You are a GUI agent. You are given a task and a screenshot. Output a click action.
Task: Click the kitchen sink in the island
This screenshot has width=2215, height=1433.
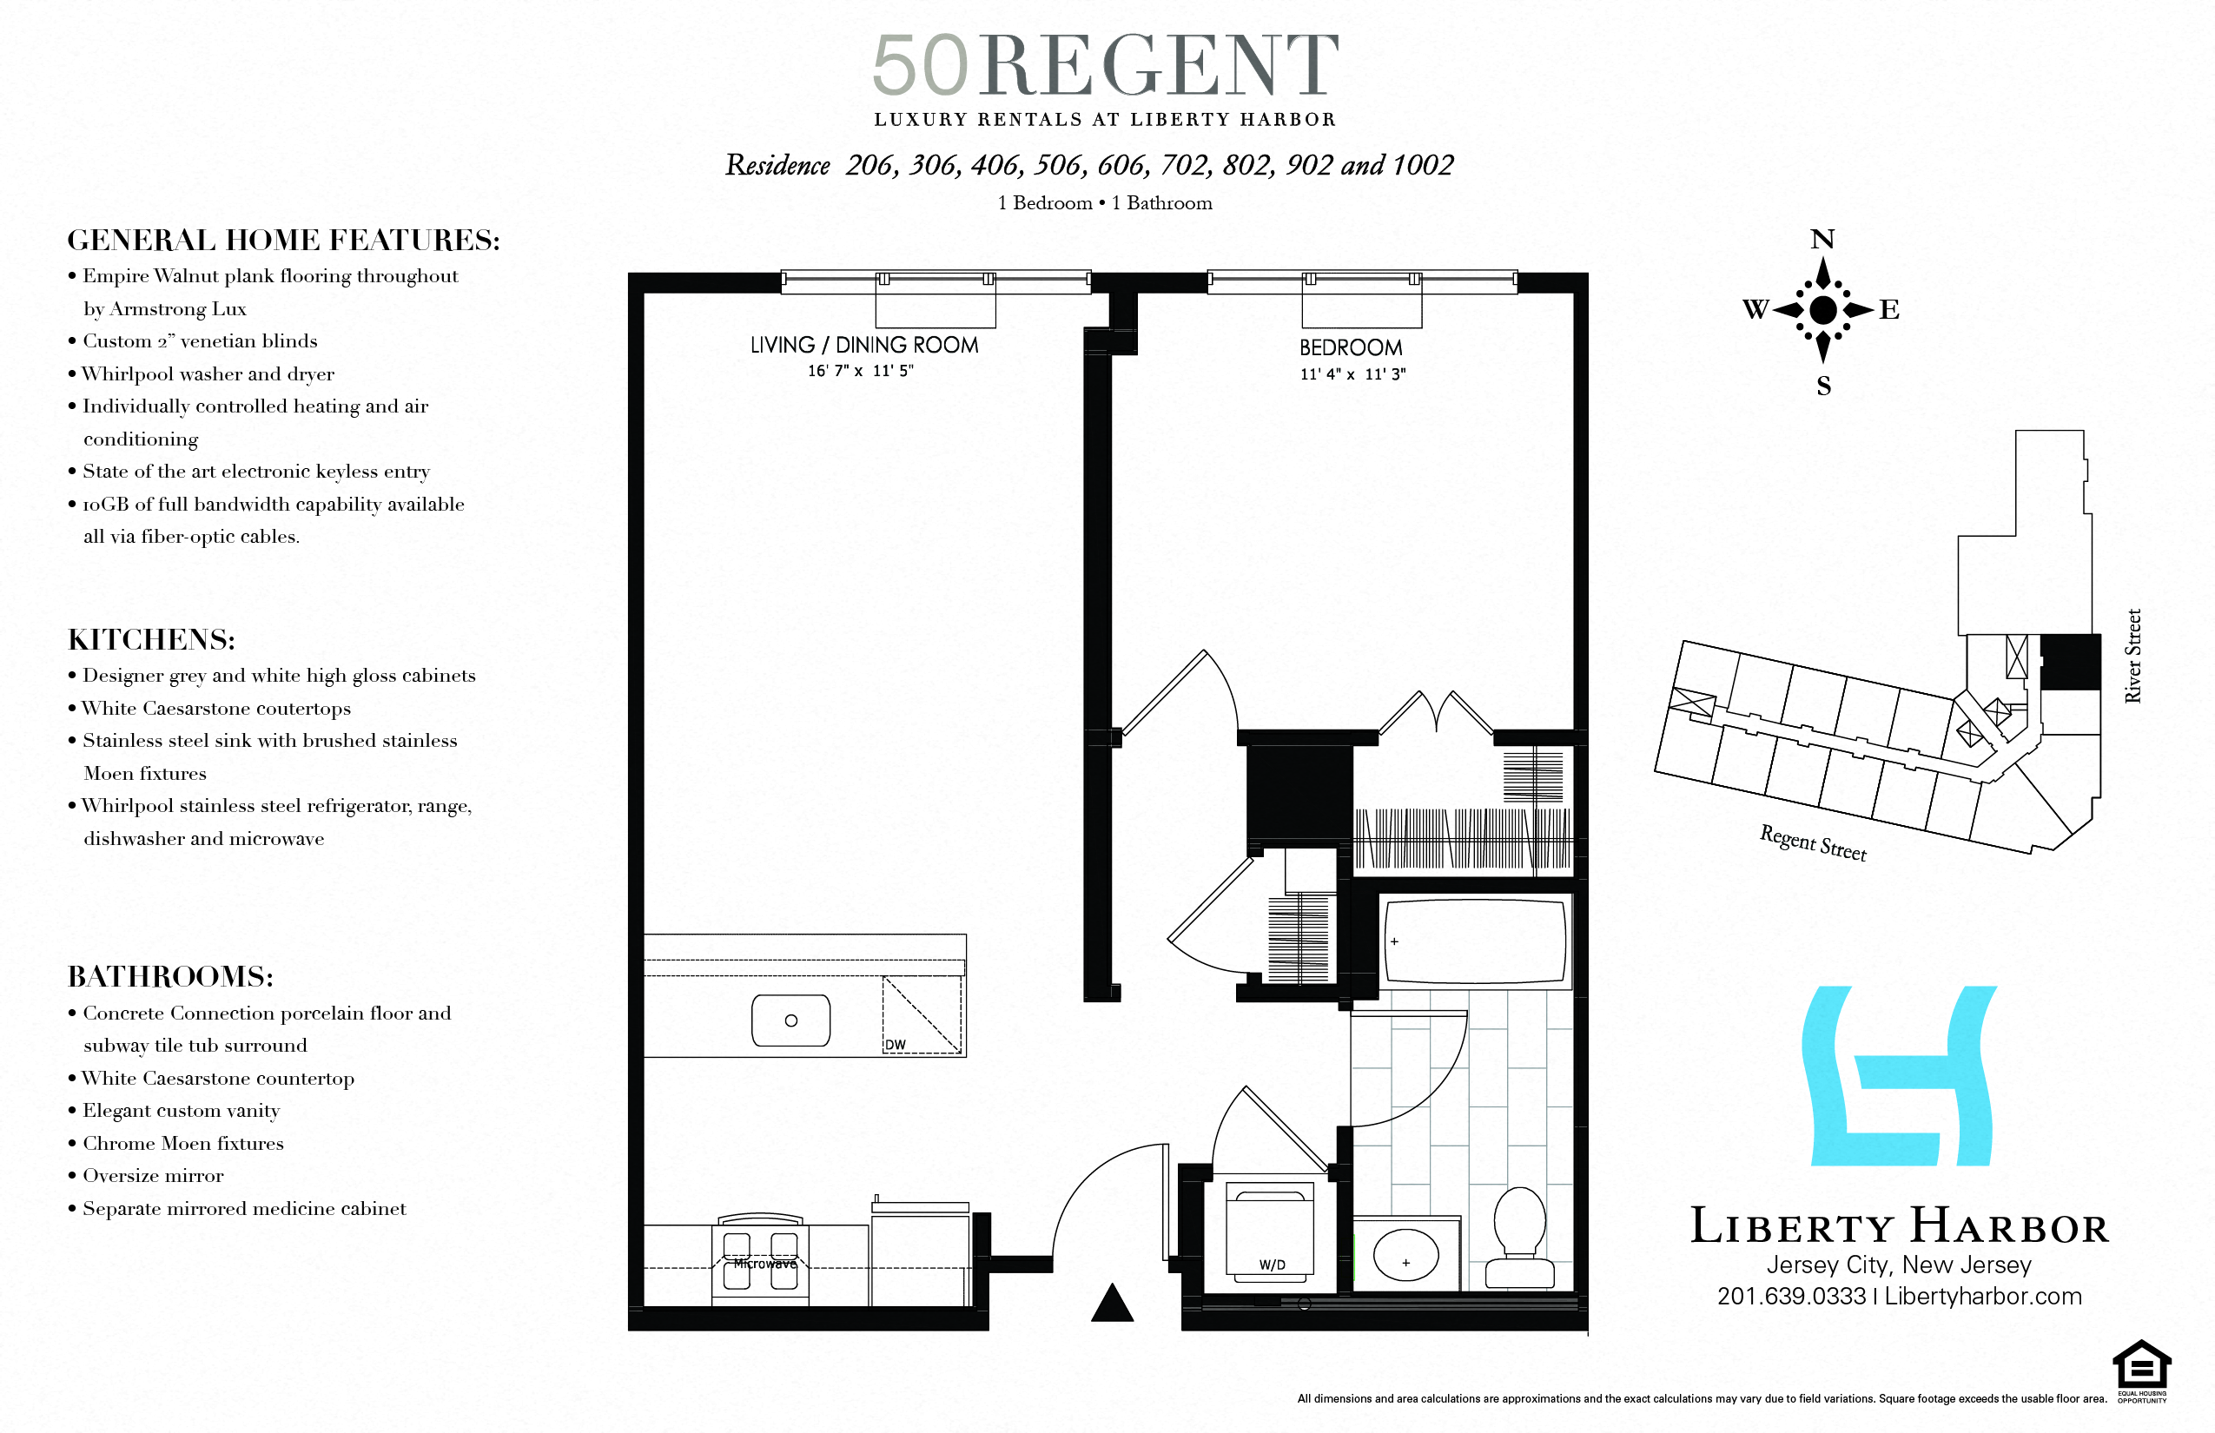tap(790, 1020)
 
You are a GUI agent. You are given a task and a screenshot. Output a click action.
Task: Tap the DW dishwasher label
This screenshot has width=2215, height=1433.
tap(896, 1044)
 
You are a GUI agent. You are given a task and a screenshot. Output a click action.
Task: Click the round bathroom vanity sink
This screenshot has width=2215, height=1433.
tap(1405, 1258)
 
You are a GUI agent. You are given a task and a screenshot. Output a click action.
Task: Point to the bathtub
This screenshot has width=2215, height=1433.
tap(1475, 941)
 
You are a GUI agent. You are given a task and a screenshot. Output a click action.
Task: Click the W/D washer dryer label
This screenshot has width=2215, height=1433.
tap(1272, 1265)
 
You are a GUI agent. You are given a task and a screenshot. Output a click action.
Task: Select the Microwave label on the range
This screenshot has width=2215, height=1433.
tap(764, 1264)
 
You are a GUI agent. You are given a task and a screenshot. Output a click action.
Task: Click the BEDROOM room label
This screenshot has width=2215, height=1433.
tap(1351, 348)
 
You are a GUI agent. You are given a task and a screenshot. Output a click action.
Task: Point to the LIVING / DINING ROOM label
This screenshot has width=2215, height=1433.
tap(863, 346)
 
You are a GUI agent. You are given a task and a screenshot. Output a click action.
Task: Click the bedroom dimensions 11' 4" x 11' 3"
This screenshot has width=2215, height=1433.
tap(1352, 374)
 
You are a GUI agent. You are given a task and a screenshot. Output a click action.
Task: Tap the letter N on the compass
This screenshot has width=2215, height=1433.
tap(1822, 239)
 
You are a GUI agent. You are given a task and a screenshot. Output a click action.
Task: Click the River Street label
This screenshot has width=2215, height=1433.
tap(2133, 655)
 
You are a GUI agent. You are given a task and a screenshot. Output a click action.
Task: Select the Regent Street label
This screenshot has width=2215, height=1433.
tap(1812, 843)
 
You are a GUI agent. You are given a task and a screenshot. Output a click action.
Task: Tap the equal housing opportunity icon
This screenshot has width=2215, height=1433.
tap(2141, 1369)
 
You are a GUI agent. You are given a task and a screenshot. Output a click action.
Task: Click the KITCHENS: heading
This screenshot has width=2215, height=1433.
tap(152, 639)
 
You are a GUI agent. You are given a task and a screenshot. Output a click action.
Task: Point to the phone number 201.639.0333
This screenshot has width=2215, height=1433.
tap(1790, 1296)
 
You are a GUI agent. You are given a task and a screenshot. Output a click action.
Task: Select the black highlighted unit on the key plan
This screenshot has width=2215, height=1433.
tap(2070, 662)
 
